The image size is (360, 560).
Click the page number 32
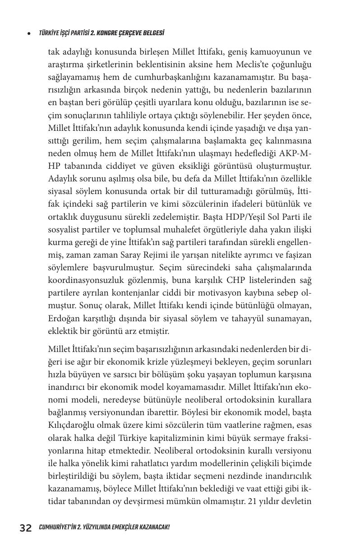click(x=26, y=528)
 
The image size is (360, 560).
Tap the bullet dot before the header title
click(x=29, y=34)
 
